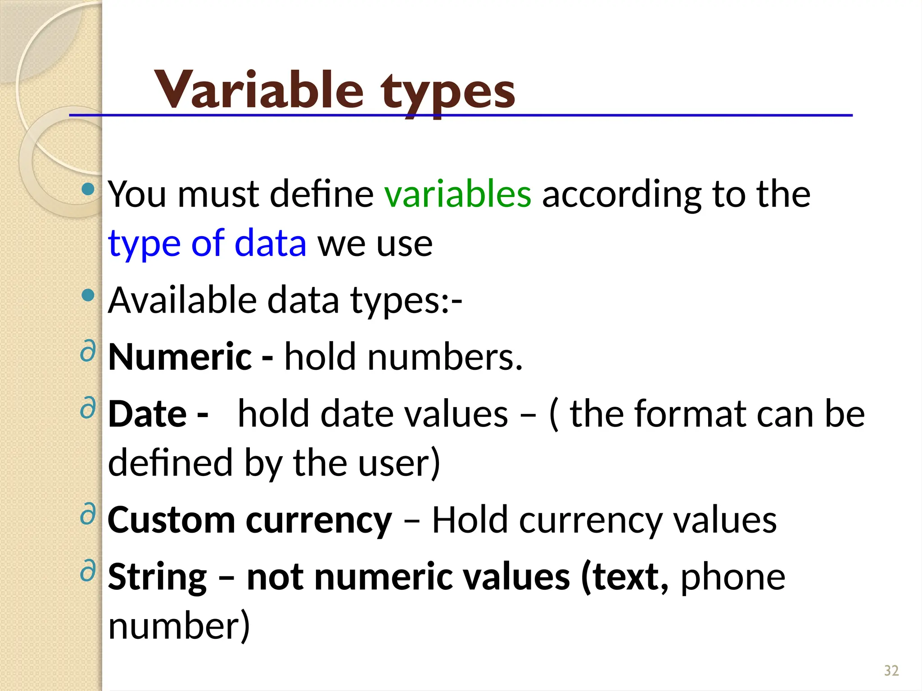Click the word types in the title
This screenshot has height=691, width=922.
point(447,92)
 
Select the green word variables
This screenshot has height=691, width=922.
point(457,194)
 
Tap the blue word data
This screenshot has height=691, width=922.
point(270,243)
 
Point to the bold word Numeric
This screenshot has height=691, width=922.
point(180,357)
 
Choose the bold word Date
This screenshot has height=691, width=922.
point(147,414)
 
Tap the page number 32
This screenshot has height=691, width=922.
point(891,671)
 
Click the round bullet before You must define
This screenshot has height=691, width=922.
point(89,189)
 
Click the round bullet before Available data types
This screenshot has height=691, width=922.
point(89,296)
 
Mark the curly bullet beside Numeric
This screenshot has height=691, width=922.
point(88,351)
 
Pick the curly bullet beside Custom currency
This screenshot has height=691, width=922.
point(88,514)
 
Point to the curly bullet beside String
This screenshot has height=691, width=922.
point(88,571)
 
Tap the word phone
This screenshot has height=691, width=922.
point(732,577)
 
